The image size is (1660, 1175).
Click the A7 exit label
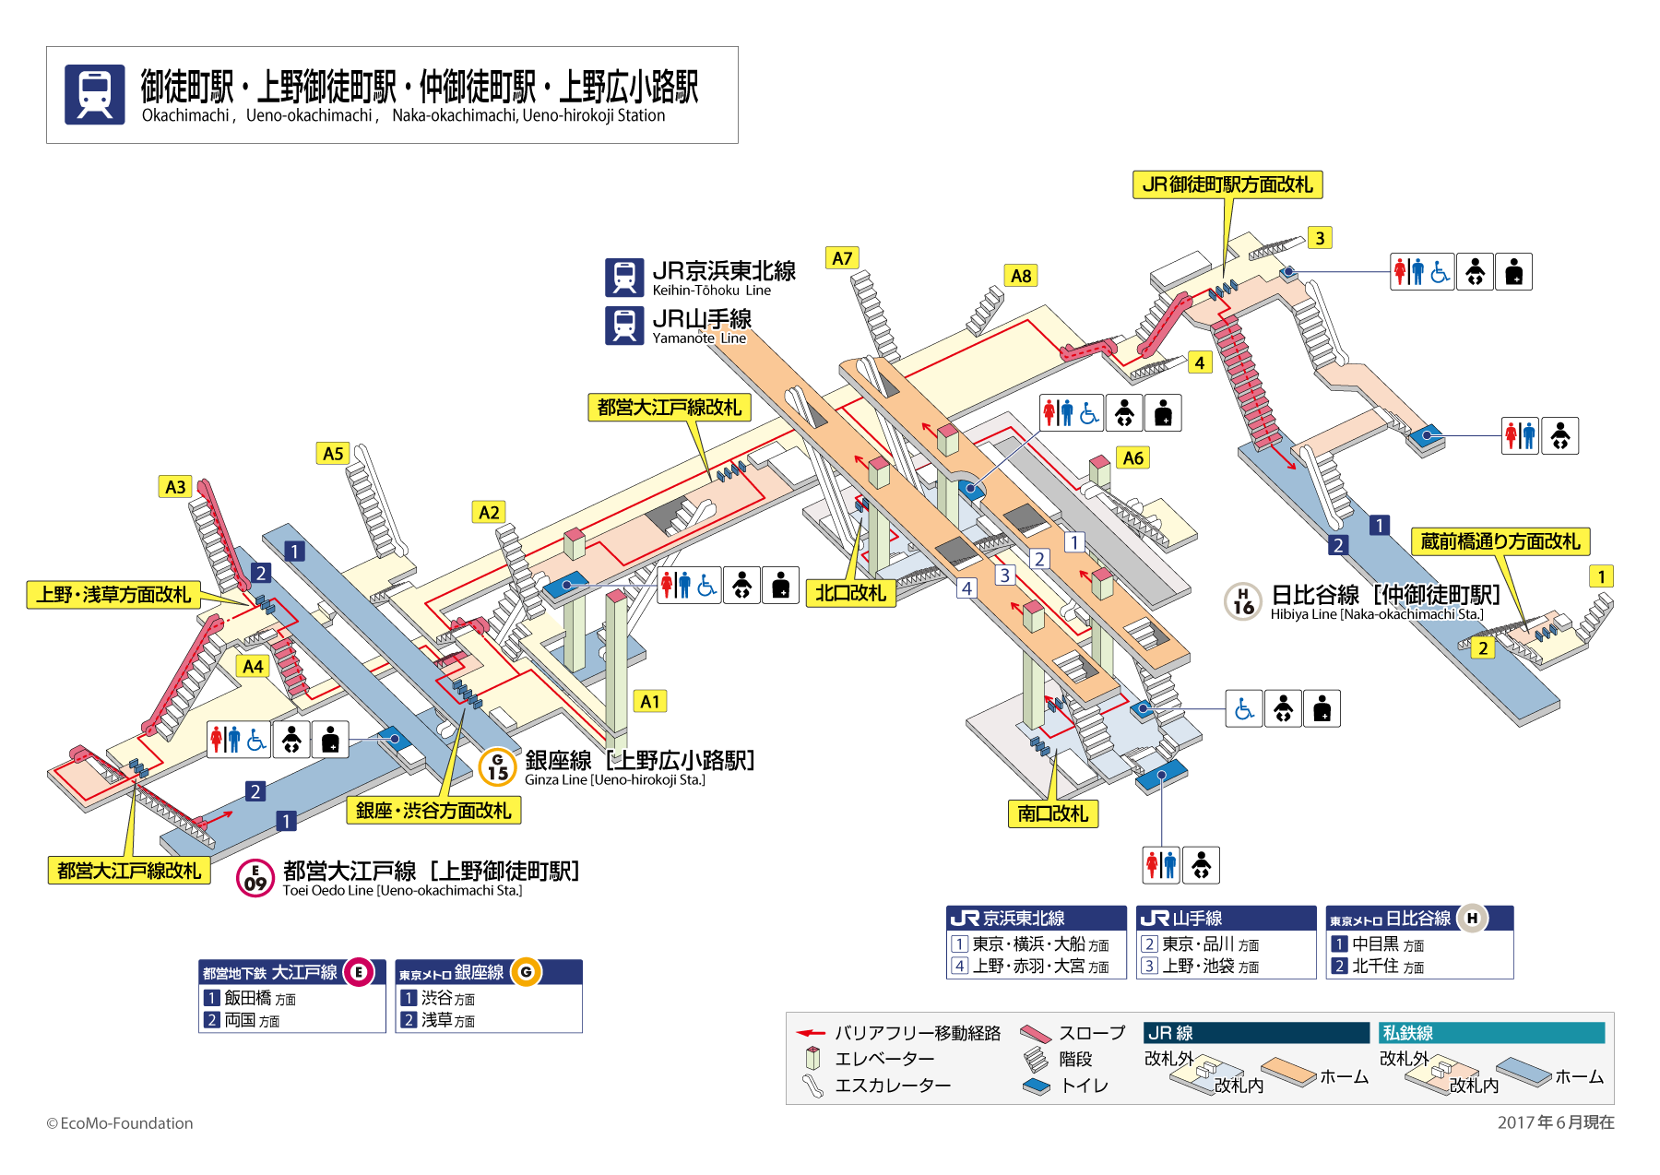842,258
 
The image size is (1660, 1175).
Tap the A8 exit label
1021,276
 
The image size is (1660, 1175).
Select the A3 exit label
175,487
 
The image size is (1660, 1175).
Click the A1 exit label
650,701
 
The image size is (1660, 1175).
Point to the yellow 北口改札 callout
850,593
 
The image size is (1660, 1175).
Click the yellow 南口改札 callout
1052,813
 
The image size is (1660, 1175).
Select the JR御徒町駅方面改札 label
1227,184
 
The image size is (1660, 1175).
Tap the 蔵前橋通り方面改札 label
1500,541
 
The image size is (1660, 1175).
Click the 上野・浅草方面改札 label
113,595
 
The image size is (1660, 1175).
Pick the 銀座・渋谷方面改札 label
433,810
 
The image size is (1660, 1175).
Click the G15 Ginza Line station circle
498,766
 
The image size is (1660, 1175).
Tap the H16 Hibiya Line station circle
1243,601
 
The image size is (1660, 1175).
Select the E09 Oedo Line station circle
255,878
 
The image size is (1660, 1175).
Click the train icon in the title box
95,94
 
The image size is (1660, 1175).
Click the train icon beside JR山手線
624,326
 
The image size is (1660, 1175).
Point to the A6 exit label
1132,457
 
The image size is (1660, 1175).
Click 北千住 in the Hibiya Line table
1375,966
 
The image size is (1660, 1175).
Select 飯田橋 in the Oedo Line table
247,998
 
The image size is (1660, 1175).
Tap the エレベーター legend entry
883,1059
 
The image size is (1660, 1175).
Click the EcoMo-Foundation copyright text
120,1122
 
